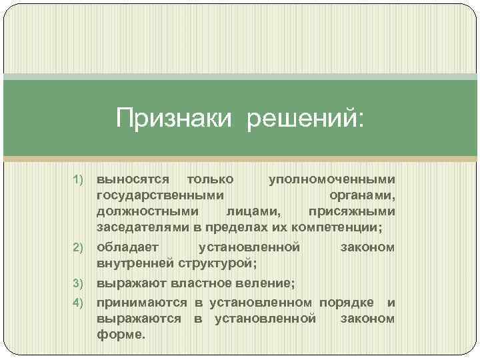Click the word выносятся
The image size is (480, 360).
click(x=133, y=179)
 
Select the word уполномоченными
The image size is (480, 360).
click(x=331, y=179)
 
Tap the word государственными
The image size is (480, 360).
click(x=161, y=195)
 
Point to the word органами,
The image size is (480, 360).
click(x=362, y=195)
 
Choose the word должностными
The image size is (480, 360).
click(x=147, y=211)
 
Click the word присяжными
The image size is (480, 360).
click(x=351, y=211)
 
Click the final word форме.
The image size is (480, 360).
click(x=121, y=335)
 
